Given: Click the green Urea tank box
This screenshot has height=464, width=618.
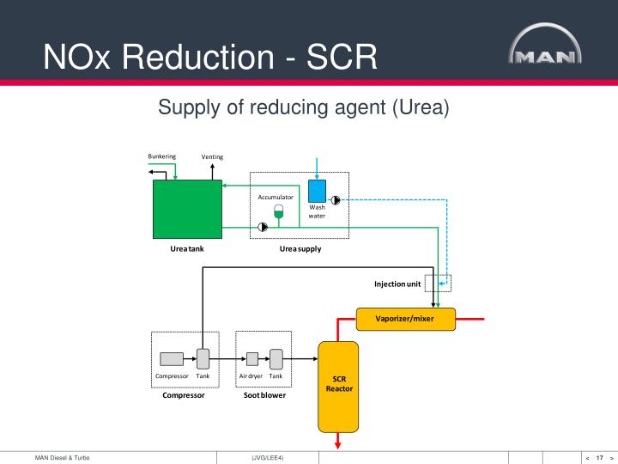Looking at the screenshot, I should [187, 209].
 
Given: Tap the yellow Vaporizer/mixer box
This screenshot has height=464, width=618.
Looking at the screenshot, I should [405, 319].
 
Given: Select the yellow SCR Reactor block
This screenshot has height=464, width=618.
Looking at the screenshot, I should [339, 387].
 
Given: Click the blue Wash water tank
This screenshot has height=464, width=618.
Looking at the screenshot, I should [317, 191].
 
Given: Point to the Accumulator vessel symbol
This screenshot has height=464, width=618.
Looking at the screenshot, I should [278, 211].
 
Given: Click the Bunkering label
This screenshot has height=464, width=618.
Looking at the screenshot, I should [161, 156].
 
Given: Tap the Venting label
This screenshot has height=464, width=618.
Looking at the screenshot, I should [212, 157].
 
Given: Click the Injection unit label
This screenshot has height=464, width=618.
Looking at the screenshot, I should [397, 284].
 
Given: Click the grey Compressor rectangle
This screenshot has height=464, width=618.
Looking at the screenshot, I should [172, 359].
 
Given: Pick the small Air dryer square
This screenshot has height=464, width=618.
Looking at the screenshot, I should [252, 359].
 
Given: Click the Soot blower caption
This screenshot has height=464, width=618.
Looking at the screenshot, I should [264, 395].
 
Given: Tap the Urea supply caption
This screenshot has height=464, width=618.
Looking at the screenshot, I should [300, 249].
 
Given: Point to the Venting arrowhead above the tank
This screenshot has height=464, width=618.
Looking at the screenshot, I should [212, 167].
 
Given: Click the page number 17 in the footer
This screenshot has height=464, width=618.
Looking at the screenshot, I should [599, 457].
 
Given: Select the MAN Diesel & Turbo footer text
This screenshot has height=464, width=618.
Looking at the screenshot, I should [62, 457].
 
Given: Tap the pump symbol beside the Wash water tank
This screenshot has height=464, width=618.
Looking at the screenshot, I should [336, 199].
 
